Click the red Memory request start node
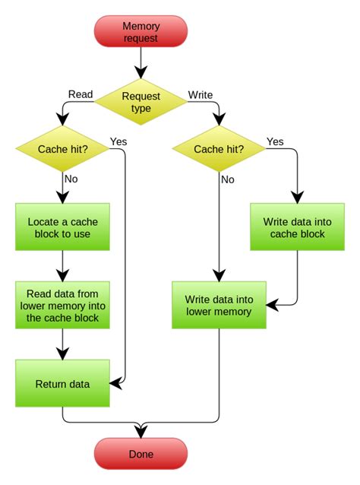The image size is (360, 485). pos(141,32)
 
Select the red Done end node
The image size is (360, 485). pos(141,454)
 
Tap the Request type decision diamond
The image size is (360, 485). pos(141,103)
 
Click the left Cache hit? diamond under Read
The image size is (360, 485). pos(62,149)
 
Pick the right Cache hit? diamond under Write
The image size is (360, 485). pos(219,149)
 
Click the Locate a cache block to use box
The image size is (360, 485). pos(62,227)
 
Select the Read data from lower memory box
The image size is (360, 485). pos(62,305)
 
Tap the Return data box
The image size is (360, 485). pos(62,384)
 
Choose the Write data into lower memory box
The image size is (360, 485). pos(219,305)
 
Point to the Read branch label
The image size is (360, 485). pos(81,94)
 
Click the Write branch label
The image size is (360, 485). pos(200,94)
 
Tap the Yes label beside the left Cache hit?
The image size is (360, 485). pos(118,141)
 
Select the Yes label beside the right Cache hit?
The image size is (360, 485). pos(275,141)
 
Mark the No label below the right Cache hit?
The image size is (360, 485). pos(228,180)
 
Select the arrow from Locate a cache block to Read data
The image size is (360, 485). pos(62,266)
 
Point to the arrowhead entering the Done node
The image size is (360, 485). pos(141,433)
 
